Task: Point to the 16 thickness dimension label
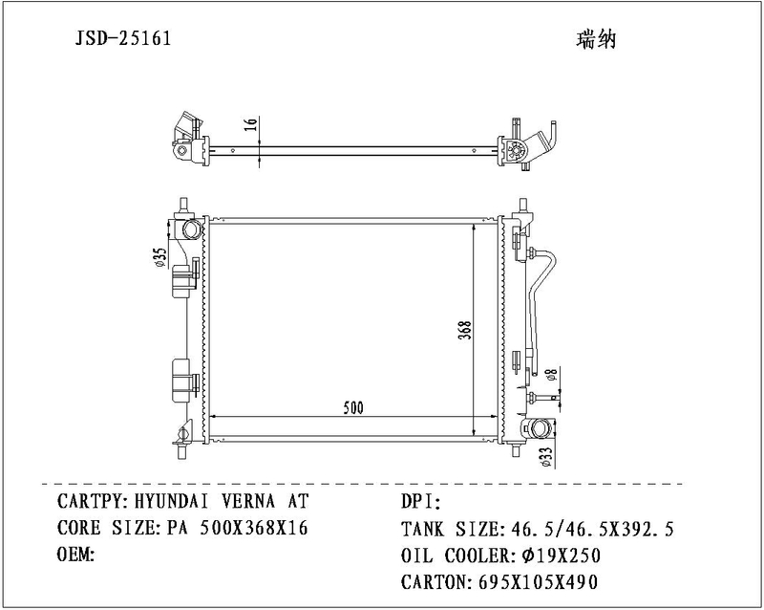251,125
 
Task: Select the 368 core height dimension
464,330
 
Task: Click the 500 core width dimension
353,407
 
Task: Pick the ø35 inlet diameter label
160,257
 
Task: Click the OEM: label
74,555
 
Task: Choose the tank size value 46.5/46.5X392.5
591,529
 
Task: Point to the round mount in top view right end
515,151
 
